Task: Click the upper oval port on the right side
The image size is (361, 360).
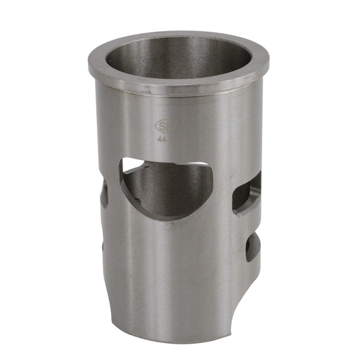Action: click(247, 193)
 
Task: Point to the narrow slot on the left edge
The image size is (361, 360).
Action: click(104, 193)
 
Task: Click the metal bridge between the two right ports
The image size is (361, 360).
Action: click(249, 222)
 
